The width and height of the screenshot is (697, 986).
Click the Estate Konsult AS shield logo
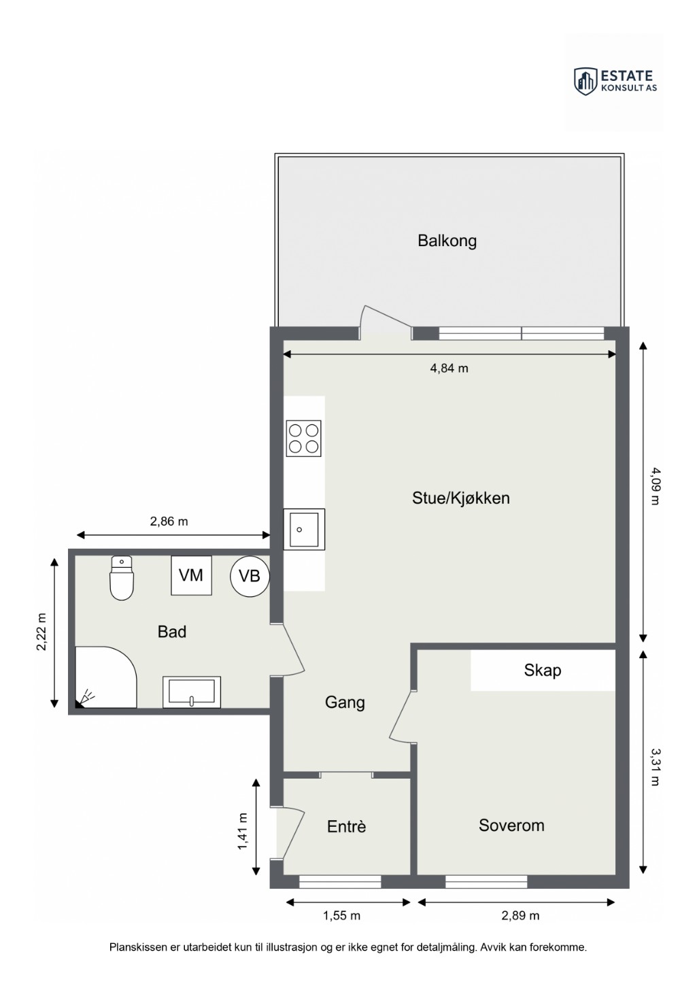(585, 82)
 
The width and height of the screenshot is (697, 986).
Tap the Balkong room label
(447, 241)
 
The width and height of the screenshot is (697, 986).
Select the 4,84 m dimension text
(449, 368)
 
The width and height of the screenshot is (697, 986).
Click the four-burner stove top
(303, 438)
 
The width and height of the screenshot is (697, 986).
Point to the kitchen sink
(304, 529)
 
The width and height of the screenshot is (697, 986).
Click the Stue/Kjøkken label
(460, 498)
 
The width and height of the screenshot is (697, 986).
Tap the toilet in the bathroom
(122, 578)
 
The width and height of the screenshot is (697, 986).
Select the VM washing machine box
(191, 575)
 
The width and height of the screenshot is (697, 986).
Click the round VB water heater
(250, 576)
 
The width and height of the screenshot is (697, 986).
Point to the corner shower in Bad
(105, 677)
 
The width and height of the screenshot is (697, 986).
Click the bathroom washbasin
(192, 692)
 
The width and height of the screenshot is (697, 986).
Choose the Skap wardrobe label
(543, 670)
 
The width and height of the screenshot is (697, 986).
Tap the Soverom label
(511, 826)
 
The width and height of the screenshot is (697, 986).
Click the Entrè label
(347, 826)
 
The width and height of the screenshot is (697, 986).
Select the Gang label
(345, 702)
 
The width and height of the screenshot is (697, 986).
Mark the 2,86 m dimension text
(169, 522)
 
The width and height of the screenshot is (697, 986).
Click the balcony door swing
(386, 322)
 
